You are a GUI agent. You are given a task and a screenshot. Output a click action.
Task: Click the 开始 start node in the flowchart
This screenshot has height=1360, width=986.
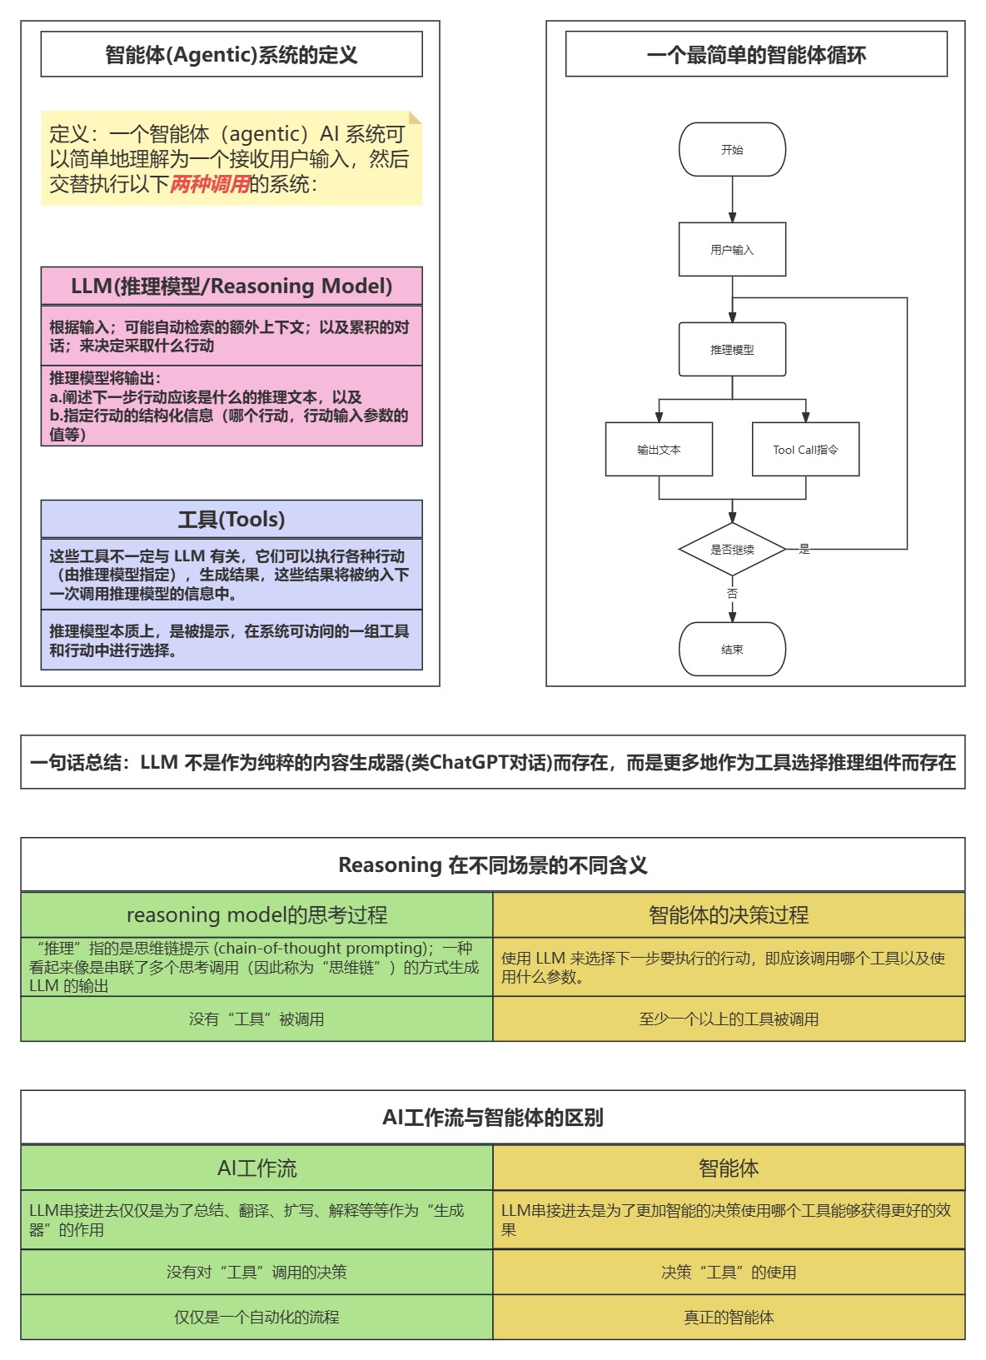732,150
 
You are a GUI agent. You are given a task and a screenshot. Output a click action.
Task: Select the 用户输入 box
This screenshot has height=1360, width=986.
732,250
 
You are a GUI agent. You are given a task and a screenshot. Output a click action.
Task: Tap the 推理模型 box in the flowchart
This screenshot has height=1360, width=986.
732,350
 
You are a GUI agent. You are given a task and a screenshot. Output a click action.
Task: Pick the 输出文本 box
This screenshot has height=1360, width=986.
659,450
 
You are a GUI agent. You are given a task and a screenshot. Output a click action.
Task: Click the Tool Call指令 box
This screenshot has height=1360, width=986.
805,450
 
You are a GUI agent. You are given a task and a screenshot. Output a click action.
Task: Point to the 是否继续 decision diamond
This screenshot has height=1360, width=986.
732,550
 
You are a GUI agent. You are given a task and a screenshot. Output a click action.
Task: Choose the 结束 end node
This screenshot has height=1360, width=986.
732,650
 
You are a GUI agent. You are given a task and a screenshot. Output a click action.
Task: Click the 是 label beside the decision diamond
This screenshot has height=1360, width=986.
804,549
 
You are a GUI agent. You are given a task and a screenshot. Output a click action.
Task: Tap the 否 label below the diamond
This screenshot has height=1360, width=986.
732,594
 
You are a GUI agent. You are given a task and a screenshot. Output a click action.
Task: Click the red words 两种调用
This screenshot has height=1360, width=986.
210,184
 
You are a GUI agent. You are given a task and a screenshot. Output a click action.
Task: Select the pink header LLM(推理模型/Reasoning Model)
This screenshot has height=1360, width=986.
232,286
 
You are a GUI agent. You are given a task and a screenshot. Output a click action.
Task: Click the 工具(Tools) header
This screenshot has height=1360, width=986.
232,520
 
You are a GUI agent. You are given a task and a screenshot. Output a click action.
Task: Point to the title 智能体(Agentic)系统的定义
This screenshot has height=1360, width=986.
232,55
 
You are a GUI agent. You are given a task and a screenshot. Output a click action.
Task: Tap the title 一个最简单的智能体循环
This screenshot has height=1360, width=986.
756,55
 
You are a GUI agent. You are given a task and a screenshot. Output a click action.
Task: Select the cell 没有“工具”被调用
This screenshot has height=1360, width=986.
256,1019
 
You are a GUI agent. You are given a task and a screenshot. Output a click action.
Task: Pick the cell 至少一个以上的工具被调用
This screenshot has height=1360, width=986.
729,1019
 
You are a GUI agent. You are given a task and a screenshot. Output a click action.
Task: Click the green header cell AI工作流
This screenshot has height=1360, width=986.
256,1168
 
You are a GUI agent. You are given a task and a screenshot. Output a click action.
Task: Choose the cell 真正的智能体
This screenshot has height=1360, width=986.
729,1318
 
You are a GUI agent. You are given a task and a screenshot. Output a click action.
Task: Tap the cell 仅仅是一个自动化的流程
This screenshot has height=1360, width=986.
256,1318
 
